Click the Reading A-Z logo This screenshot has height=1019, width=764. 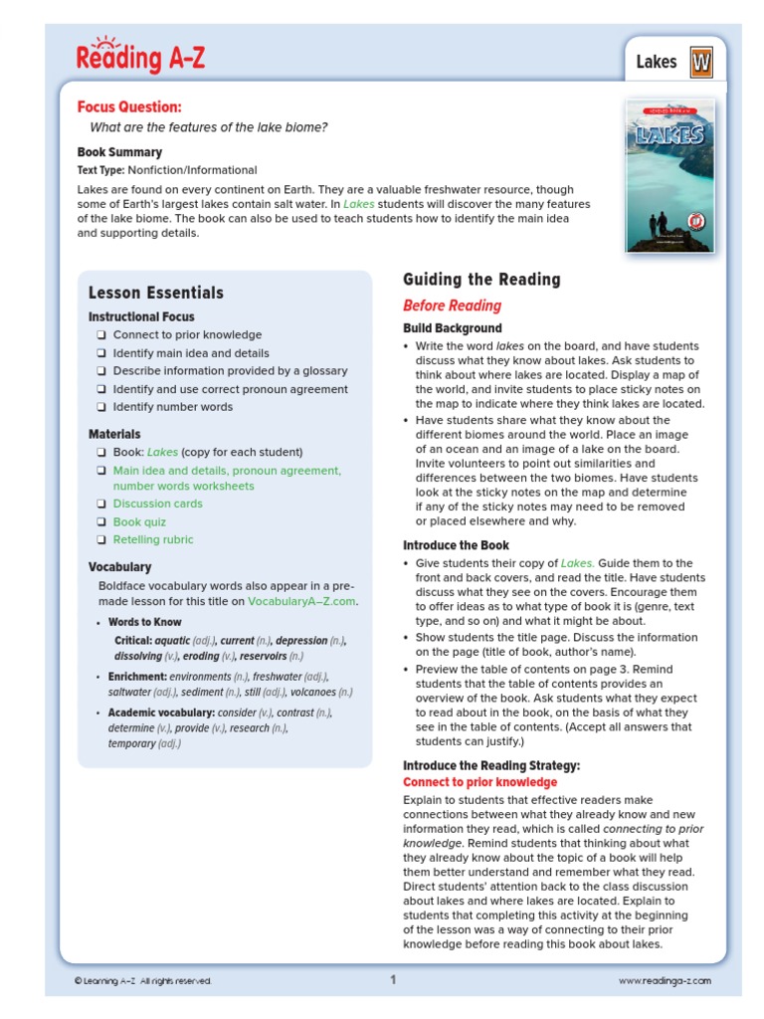click(x=140, y=57)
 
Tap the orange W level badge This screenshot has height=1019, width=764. click(x=701, y=63)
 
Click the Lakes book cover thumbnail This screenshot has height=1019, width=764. click(x=669, y=175)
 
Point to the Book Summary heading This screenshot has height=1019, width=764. click(x=119, y=152)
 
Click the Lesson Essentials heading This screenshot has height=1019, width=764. click(x=155, y=293)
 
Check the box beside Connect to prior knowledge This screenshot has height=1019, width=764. click(x=101, y=335)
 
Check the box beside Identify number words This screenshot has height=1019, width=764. click(x=101, y=407)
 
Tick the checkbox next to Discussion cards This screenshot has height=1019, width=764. click(x=101, y=504)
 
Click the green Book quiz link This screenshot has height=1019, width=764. click(x=139, y=521)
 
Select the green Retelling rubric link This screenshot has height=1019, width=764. click(x=153, y=539)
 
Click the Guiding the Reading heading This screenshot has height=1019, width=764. click(x=481, y=280)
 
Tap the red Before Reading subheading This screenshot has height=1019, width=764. click(x=452, y=306)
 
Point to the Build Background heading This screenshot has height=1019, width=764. click(x=453, y=328)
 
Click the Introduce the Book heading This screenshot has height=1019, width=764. click(x=456, y=545)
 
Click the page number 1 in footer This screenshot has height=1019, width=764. click(x=393, y=980)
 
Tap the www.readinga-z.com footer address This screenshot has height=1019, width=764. click(x=665, y=981)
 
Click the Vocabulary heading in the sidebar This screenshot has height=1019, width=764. click(x=119, y=567)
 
